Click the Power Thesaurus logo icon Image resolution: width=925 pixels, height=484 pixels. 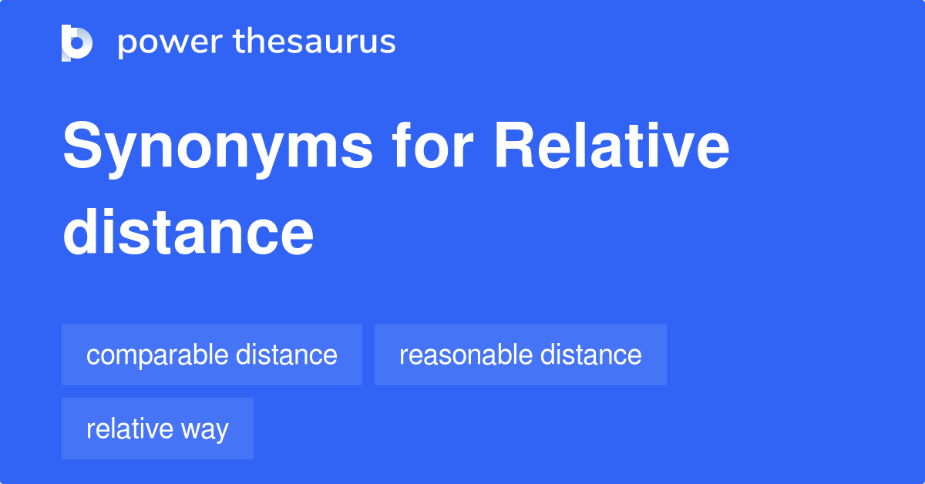point(77,42)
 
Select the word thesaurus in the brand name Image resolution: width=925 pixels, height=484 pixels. point(314,42)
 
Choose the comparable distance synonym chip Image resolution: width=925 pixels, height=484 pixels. point(212,355)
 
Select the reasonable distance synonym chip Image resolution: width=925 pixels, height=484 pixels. point(520,355)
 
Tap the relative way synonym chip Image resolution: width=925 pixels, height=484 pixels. point(157,429)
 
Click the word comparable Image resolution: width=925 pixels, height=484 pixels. point(157,355)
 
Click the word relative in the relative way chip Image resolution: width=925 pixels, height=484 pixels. point(128,429)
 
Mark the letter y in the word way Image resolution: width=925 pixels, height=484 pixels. point(221,431)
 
